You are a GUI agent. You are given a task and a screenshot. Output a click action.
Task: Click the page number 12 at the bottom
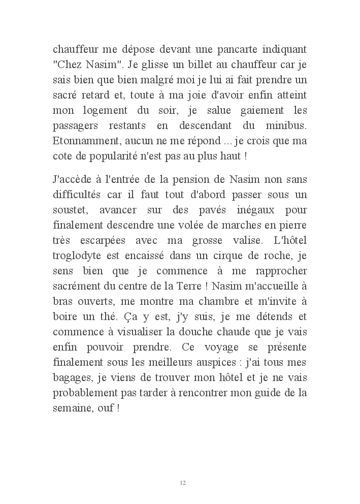coord(183,482)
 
